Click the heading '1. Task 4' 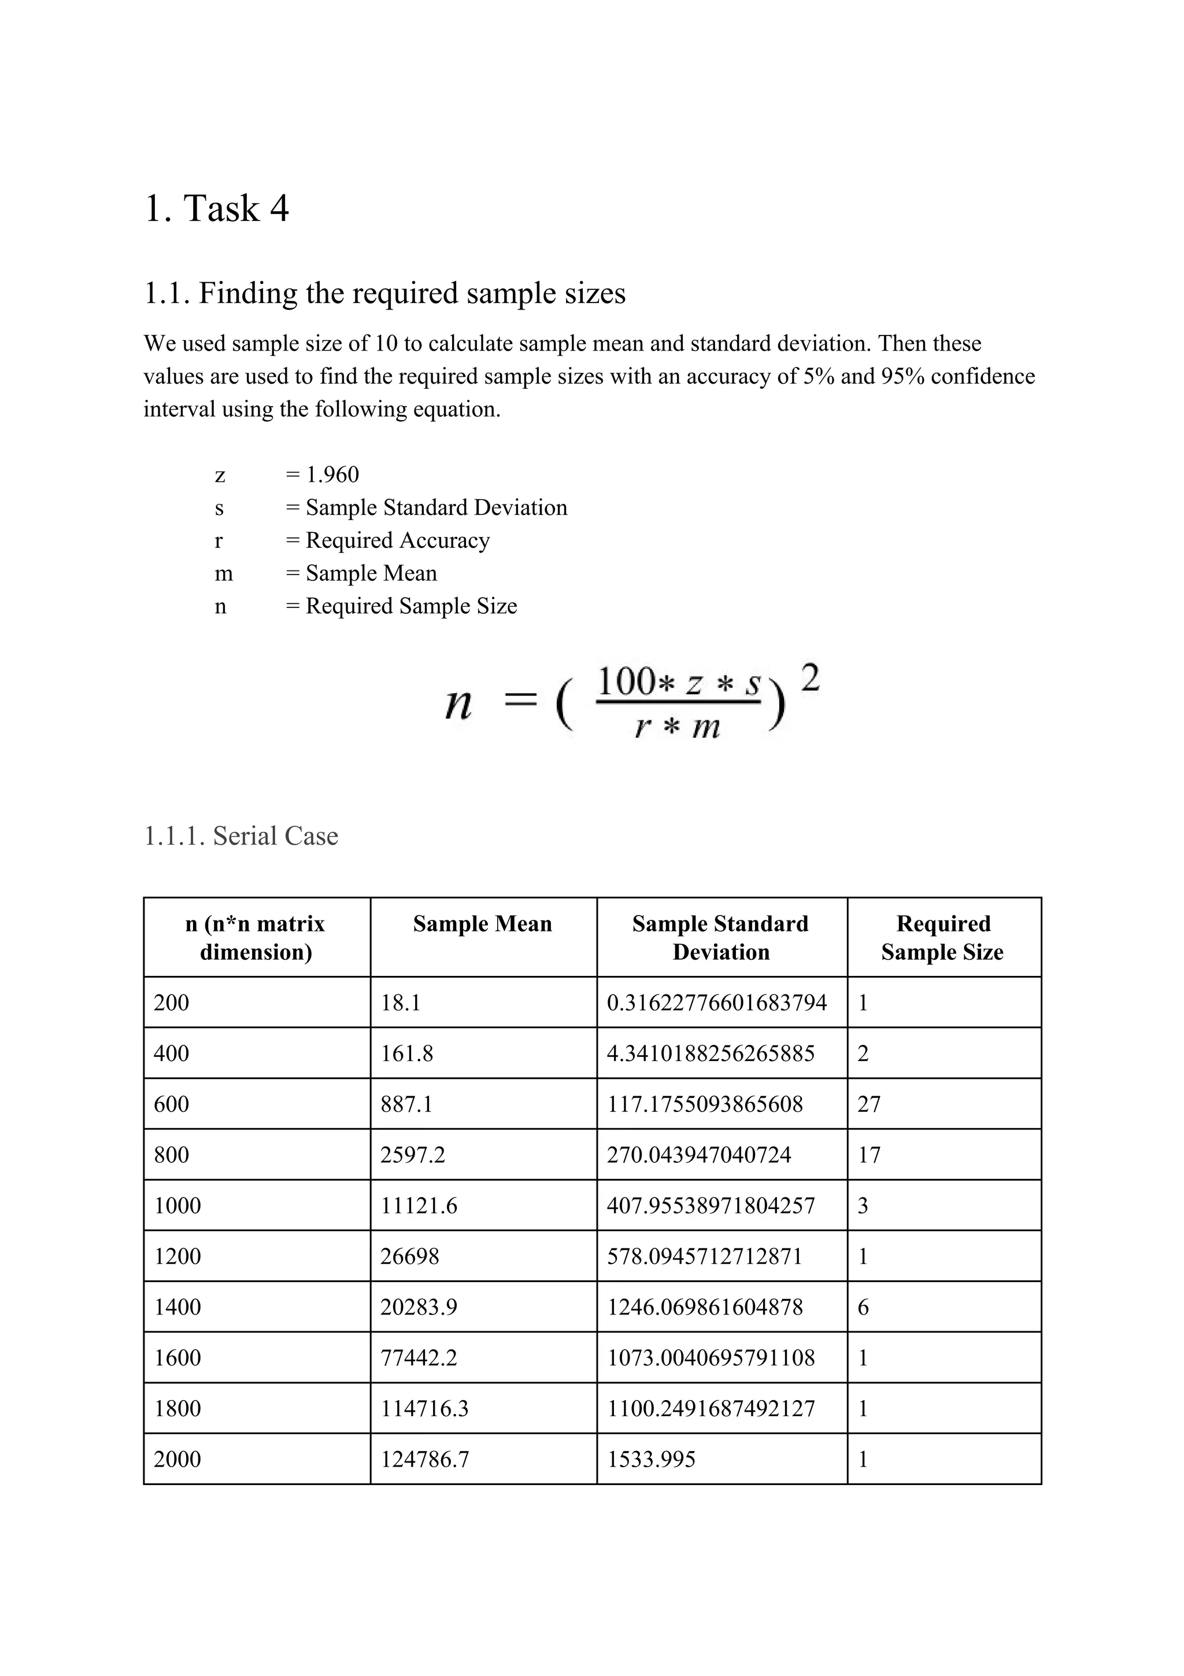click(217, 209)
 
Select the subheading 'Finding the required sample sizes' click(412, 293)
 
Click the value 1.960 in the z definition click(332, 475)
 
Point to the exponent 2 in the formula click(810, 679)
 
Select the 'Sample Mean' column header click(482, 924)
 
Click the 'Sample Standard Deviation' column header click(721, 938)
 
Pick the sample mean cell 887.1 click(406, 1104)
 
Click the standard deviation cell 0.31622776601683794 click(716, 1003)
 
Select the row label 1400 click(177, 1307)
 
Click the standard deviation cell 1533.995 click(651, 1460)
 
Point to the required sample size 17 click(869, 1155)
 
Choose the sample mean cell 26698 click(409, 1256)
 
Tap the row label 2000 click(177, 1460)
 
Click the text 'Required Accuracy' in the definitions click(398, 541)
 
